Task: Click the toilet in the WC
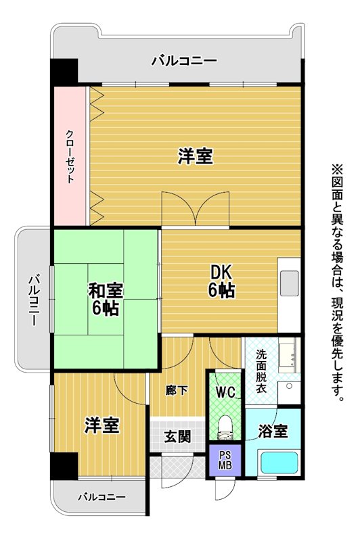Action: pyautogui.click(x=226, y=428)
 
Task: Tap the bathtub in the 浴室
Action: pyautogui.click(x=279, y=463)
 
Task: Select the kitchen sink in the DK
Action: pyautogui.click(x=289, y=283)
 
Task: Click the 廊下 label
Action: pyautogui.click(x=177, y=391)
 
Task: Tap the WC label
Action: pyautogui.click(x=225, y=392)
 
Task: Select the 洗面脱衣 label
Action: pyautogui.click(x=261, y=371)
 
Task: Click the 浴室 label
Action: pyautogui.click(x=273, y=431)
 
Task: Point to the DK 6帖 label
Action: pyautogui.click(x=221, y=281)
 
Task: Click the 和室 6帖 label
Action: pyautogui.click(x=106, y=299)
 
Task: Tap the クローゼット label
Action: pyautogui.click(x=70, y=156)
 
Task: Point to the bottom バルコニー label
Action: pyautogui.click(x=102, y=497)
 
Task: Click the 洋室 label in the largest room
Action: pyautogui.click(x=195, y=156)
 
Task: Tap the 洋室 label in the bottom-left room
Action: pyautogui.click(x=102, y=425)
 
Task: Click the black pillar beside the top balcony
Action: pyautogui.click(x=64, y=71)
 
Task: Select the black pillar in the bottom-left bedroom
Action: pyautogui.click(x=64, y=466)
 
